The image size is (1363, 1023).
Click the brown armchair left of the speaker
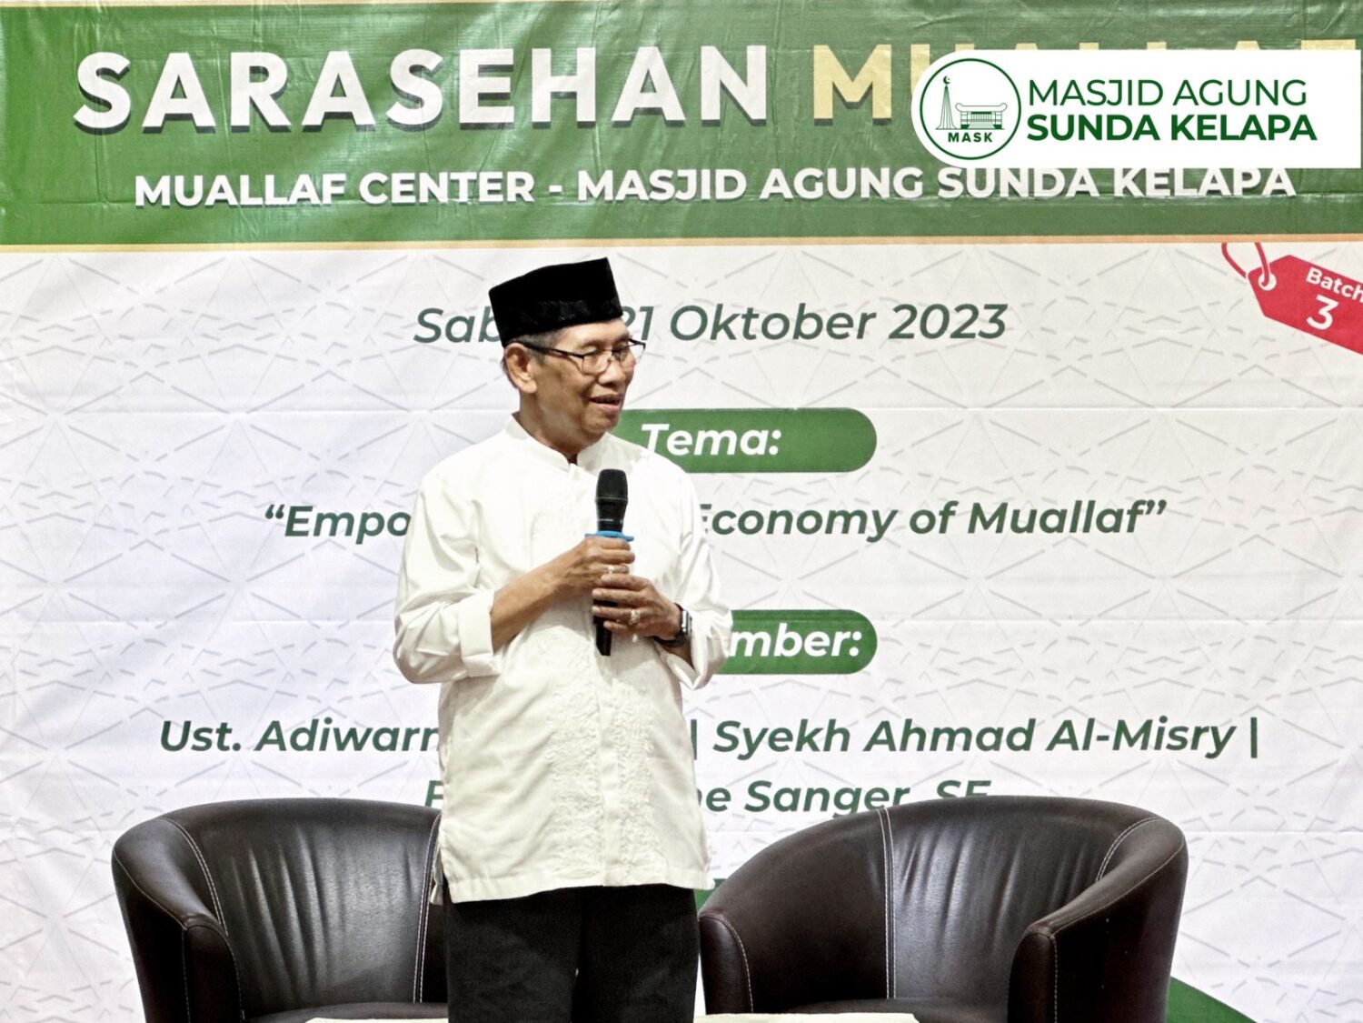pyautogui.click(x=273, y=909)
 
